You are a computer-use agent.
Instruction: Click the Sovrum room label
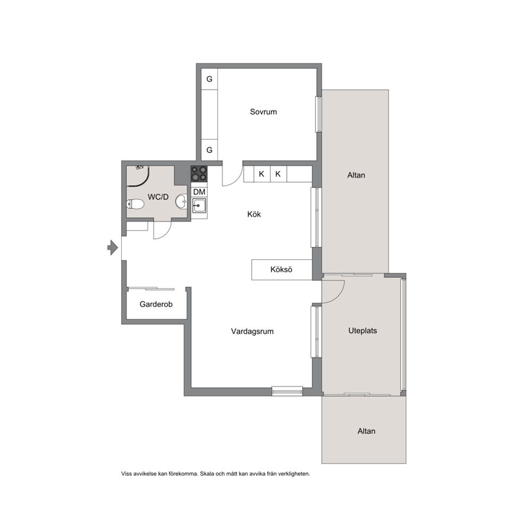(263, 112)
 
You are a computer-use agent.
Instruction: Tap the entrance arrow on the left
(113, 248)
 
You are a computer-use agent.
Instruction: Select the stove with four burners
(199, 174)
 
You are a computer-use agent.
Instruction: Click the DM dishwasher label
(199, 192)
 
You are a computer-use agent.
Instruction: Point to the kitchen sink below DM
(199, 206)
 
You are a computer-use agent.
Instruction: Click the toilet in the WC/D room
(135, 204)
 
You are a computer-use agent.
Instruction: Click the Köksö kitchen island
(282, 269)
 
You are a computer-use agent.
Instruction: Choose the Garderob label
(156, 304)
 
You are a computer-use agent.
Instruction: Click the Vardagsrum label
(252, 331)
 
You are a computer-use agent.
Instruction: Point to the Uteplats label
(363, 331)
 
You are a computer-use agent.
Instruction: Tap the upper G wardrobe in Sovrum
(209, 79)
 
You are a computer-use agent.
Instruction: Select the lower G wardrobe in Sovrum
(209, 150)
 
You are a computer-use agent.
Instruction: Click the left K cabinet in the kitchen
(262, 174)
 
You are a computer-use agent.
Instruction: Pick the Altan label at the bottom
(367, 431)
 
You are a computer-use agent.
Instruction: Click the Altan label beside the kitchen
(356, 175)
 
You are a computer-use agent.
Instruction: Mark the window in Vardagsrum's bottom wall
(287, 391)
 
